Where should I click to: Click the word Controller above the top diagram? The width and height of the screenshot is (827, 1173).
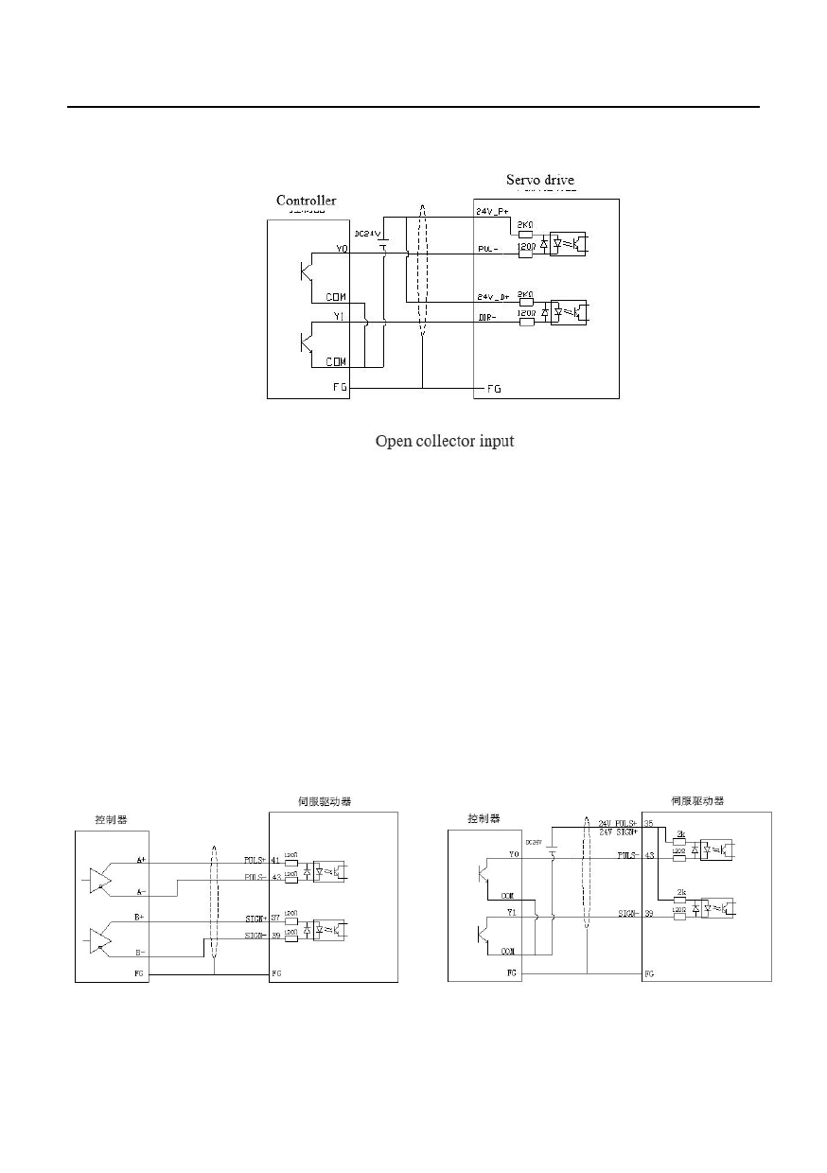[306, 201]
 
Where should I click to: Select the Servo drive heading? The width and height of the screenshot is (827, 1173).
[539, 180]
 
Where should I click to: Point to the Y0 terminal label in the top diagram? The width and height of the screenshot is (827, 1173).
[342, 249]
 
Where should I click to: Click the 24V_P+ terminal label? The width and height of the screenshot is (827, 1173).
[493, 212]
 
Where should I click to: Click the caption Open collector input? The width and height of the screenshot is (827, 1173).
[445, 441]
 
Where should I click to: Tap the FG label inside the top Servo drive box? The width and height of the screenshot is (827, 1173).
[493, 388]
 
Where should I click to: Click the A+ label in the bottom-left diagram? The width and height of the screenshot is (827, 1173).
[141, 859]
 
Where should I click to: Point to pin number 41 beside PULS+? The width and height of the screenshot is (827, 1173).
[275, 861]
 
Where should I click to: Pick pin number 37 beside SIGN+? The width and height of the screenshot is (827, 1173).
[275, 919]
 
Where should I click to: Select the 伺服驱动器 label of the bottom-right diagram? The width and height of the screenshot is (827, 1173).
[697, 800]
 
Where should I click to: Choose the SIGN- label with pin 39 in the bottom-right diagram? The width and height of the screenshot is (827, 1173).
[628, 914]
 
